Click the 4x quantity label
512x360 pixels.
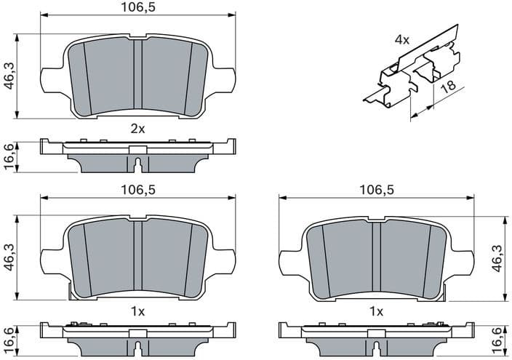pos(402,39)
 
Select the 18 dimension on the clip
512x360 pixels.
pos(448,87)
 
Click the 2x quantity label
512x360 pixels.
pos(137,129)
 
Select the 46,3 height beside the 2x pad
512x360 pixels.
pos(9,75)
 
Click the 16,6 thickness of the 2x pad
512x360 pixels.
pos(9,156)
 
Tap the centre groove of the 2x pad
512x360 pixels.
pos(137,76)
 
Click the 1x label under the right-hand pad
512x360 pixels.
pos(376,311)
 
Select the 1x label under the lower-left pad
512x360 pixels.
pos(137,311)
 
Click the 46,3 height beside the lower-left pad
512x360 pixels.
pos(9,257)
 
